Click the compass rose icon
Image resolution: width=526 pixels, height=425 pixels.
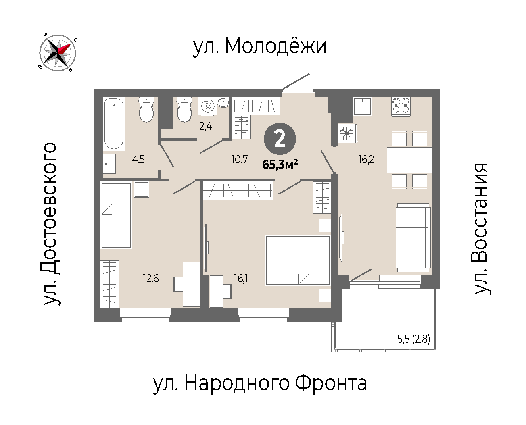[58, 52]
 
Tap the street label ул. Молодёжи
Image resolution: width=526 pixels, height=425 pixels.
[260, 46]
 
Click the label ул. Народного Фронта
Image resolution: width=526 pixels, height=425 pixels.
[259, 383]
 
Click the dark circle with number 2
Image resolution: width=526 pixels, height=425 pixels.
[280, 139]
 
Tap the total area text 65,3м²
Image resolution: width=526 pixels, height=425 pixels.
[280, 165]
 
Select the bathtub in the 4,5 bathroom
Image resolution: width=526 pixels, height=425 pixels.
[114, 124]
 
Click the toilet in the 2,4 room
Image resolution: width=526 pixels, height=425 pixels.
[184, 109]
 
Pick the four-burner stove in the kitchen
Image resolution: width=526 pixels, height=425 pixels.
[401, 106]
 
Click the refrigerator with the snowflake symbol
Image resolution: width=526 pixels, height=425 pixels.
[347, 133]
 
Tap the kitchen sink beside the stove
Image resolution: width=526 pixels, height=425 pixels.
[362, 106]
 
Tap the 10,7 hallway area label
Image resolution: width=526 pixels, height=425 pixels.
[239, 160]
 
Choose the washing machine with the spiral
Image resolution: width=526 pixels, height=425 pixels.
[207, 106]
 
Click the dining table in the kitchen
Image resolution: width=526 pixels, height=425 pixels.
[409, 160]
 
